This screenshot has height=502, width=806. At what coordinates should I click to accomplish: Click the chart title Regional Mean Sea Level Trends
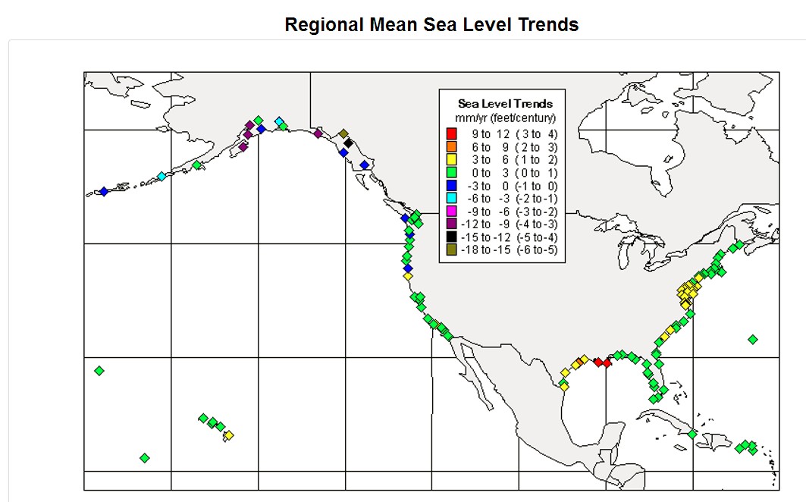431,25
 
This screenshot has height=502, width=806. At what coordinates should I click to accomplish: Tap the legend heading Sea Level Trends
505,104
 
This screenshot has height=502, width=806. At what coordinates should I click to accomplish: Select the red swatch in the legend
452,133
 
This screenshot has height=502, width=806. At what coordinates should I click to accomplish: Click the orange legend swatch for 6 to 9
452,146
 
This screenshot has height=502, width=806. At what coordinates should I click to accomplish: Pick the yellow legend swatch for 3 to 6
452,159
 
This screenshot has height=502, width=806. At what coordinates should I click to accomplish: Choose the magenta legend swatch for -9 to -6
452,211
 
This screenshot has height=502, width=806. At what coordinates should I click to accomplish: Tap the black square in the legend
452,237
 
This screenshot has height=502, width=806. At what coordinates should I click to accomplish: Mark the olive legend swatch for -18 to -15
452,249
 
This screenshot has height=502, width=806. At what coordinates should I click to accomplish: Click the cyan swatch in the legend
452,198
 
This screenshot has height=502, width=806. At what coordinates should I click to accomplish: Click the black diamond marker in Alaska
348,143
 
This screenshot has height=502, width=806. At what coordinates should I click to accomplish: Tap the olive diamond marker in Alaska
343,133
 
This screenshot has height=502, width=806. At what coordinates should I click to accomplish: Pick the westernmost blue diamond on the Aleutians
104,191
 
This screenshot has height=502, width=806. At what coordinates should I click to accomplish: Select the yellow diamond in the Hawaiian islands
229,435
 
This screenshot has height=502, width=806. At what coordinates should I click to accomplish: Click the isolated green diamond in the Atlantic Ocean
752,340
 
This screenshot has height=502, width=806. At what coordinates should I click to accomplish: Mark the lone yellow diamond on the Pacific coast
408,276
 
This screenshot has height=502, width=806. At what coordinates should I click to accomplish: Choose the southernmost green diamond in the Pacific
145,458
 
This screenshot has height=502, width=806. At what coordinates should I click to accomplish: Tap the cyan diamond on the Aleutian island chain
162,177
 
